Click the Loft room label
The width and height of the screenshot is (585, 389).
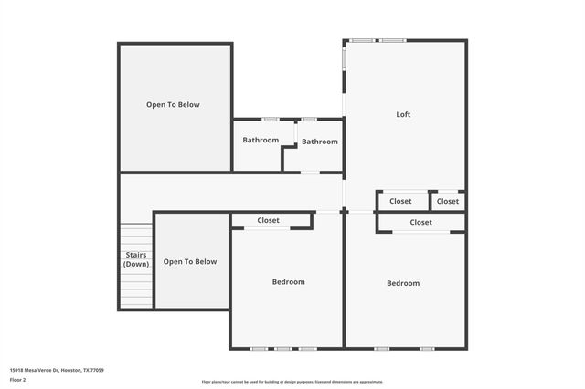pos(403,114)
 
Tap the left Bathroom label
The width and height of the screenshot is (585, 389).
pos(261,140)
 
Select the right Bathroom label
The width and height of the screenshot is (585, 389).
pos(320,142)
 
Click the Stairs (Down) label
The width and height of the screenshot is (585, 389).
pos(135,259)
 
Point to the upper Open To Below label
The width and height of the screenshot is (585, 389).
pos(173,104)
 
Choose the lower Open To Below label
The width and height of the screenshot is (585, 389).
pos(190,261)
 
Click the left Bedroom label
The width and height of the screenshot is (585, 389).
pos(289,281)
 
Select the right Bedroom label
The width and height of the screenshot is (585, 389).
pos(403,283)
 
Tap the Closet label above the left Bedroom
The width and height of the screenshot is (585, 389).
pos(269,220)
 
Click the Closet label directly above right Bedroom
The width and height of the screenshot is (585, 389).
pos(421,222)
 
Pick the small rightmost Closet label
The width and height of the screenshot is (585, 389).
pos(448,201)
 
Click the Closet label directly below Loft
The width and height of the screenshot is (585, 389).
pos(400,201)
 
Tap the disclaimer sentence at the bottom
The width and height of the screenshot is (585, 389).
pos(292,382)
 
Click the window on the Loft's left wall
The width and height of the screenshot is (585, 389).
pos(344,58)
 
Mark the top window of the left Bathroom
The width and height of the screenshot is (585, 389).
pos(271,119)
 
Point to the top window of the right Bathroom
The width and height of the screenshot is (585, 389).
pos(309,119)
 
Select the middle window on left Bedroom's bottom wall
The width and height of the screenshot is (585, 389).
pos(283,348)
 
